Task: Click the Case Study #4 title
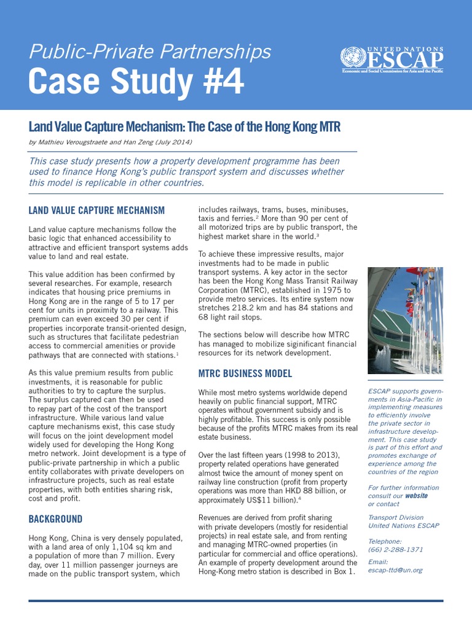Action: pyautogui.click(x=136, y=81)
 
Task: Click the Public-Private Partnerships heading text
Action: pyautogui.click(x=149, y=51)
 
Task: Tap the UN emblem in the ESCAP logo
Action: pyautogui.click(x=351, y=59)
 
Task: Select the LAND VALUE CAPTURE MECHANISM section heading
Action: pyautogui.click(x=97, y=211)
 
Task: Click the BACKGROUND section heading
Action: pyautogui.click(x=55, y=519)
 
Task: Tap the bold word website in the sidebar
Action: pyautogui.click(x=415, y=496)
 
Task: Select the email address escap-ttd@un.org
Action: pyautogui.click(x=395, y=570)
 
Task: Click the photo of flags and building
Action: pyautogui.click(x=405, y=320)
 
